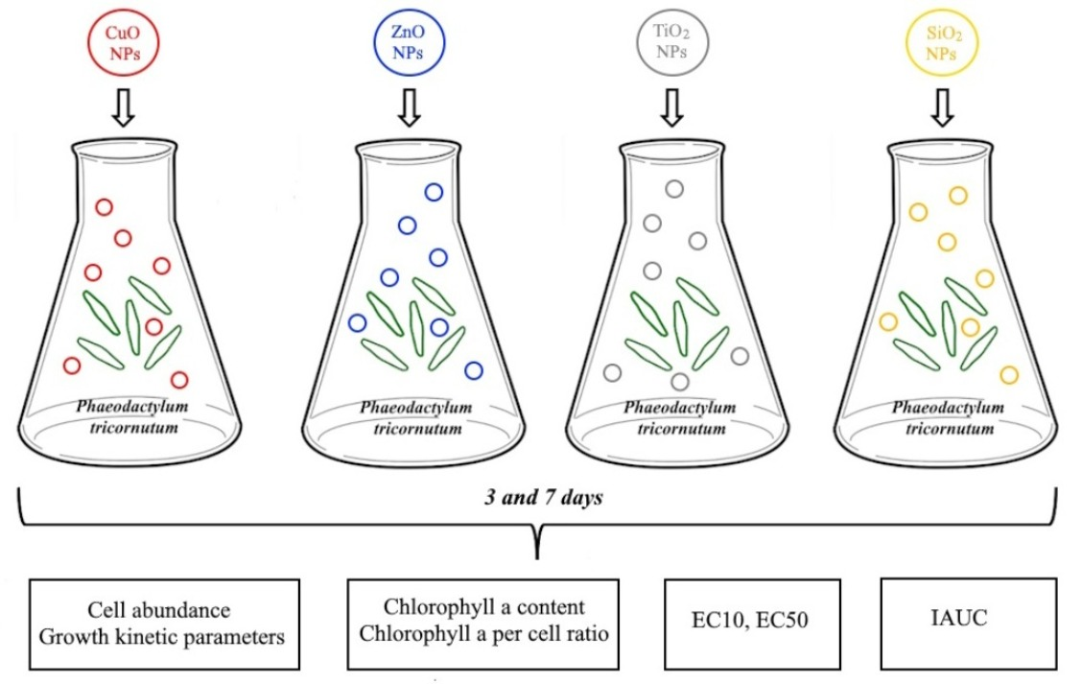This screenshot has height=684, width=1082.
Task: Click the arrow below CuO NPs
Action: click(124, 107)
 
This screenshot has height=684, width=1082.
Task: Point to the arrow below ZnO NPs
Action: click(410, 107)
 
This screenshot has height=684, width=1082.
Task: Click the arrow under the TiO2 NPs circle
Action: click(671, 107)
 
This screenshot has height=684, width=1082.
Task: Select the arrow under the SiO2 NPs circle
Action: click(943, 107)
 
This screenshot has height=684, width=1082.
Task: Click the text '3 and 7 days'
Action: click(543, 498)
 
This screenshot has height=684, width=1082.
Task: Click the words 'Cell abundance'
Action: click(158, 610)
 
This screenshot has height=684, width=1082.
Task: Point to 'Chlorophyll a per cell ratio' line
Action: click(483, 633)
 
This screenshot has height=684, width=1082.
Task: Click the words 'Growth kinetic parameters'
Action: click(161, 636)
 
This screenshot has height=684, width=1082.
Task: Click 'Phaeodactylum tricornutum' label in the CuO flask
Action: click(132, 416)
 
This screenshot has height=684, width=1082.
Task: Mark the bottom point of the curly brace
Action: click(537, 557)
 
